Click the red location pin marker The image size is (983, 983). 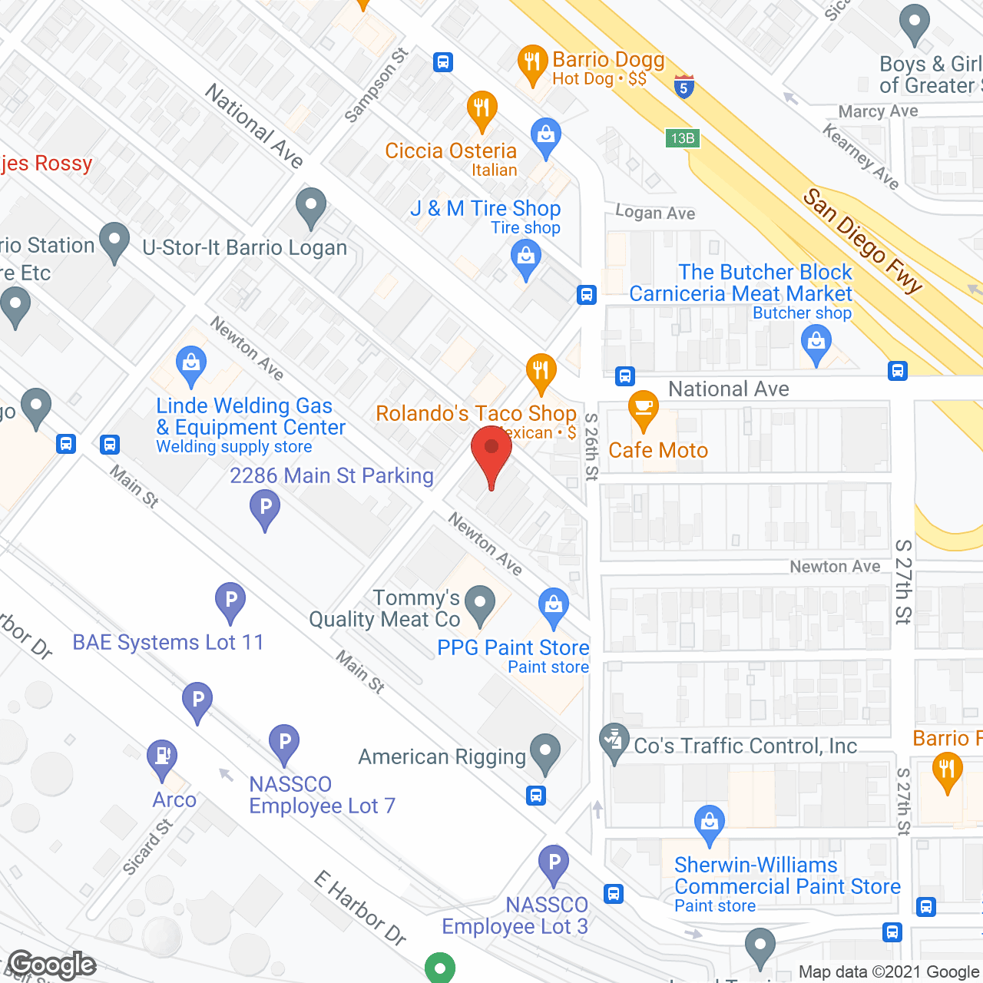point(491,454)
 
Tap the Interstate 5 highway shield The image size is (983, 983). point(683,86)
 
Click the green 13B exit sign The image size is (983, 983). point(682,138)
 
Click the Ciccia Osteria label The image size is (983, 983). point(451,151)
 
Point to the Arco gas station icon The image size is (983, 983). point(162,758)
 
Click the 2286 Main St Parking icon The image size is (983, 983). point(265,508)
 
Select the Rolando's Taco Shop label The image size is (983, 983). point(475,413)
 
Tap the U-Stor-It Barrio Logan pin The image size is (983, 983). point(311,207)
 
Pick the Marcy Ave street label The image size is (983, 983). point(878,111)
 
